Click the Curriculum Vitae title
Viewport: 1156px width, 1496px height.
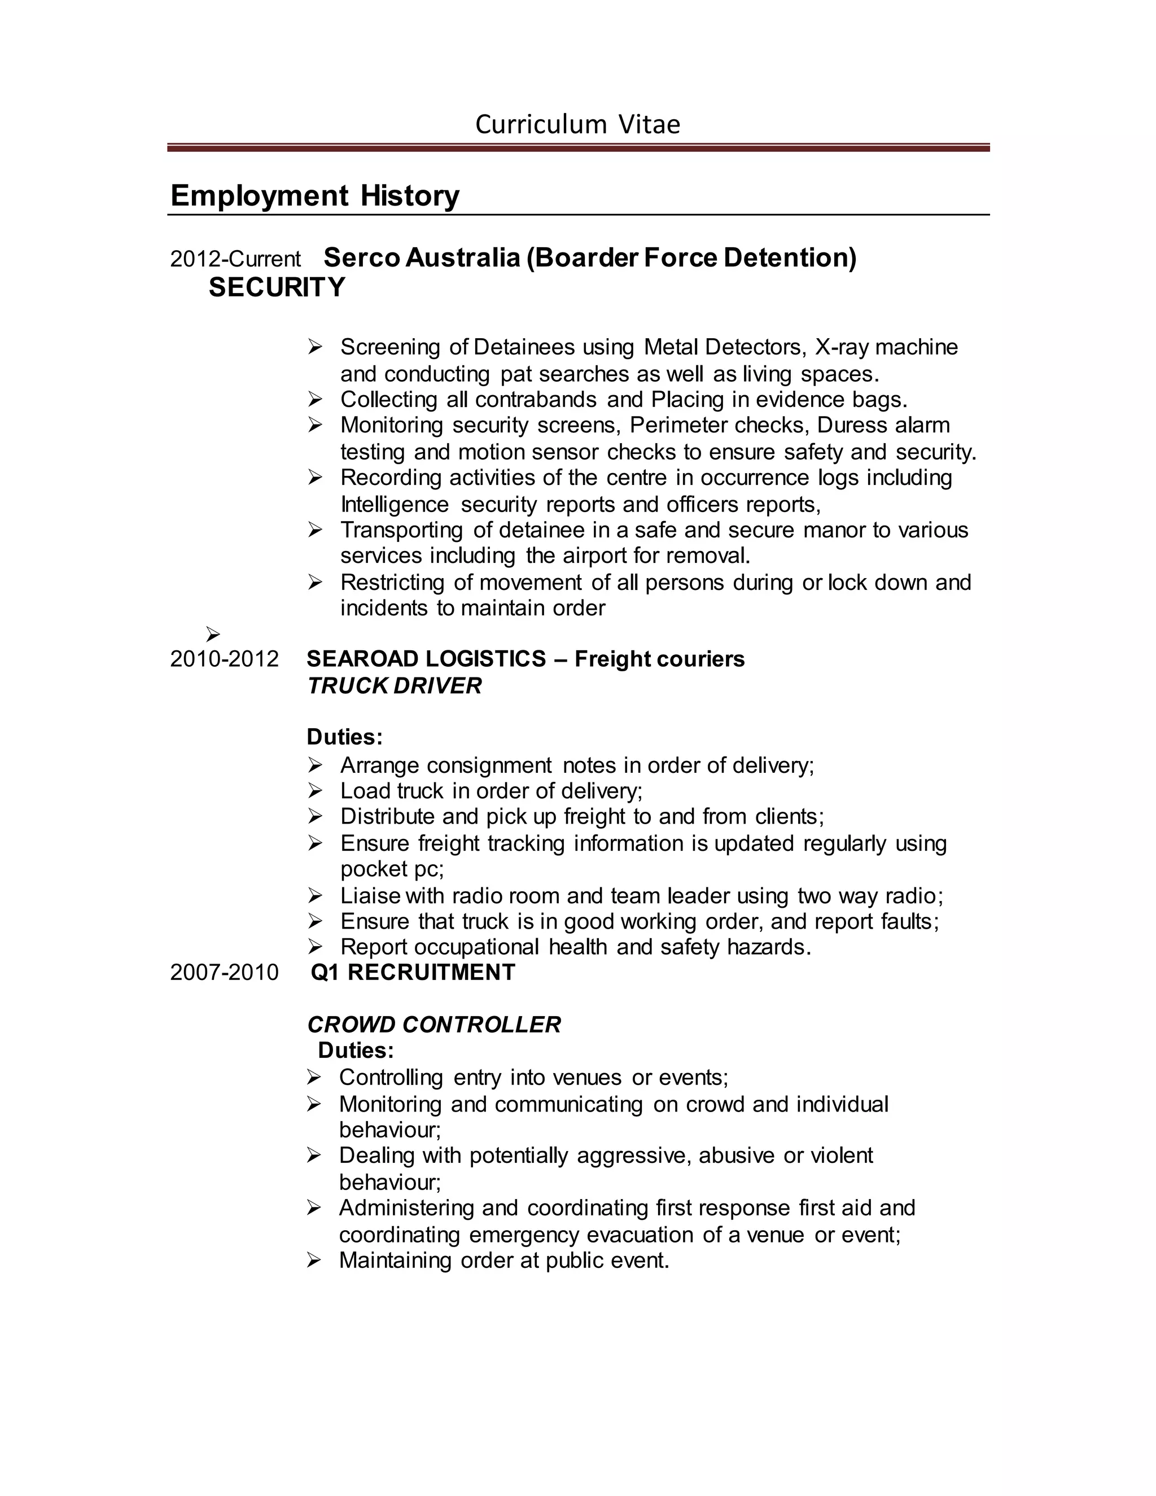pyautogui.click(x=577, y=125)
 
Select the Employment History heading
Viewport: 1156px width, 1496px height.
pyautogui.click(x=314, y=195)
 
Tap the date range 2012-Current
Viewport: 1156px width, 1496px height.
pyautogui.click(x=235, y=259)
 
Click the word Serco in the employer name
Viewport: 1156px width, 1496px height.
pyautogui.click(x=362, y=257)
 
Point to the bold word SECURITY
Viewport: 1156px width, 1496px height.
pyautogui.click(x=277, y=288)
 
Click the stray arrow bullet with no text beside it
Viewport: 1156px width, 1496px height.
pyautogui.click(x=213, y=635)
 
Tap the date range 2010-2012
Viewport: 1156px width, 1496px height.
pyautogui.click(x=224, y=659)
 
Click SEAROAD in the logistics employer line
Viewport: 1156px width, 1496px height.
pyautogui.click(x=362, y=659)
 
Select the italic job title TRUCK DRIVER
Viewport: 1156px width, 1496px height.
pyautogui.click(x=394, y=686)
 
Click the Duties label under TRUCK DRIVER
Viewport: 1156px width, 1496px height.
pyautogui.click(x=344, y=737)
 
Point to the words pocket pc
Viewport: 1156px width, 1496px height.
pyautogui.click(x=392, y=869)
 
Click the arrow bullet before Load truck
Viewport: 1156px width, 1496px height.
pyautogui.click(x=314, y=791)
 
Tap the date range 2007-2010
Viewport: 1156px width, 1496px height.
pyautogui.click(x=224, y=973)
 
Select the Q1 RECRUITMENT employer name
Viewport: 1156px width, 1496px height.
pyautogui.click(x=412, y=973)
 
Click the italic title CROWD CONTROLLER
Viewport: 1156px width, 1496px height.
pyautogui.click(x=433, y=1025)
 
